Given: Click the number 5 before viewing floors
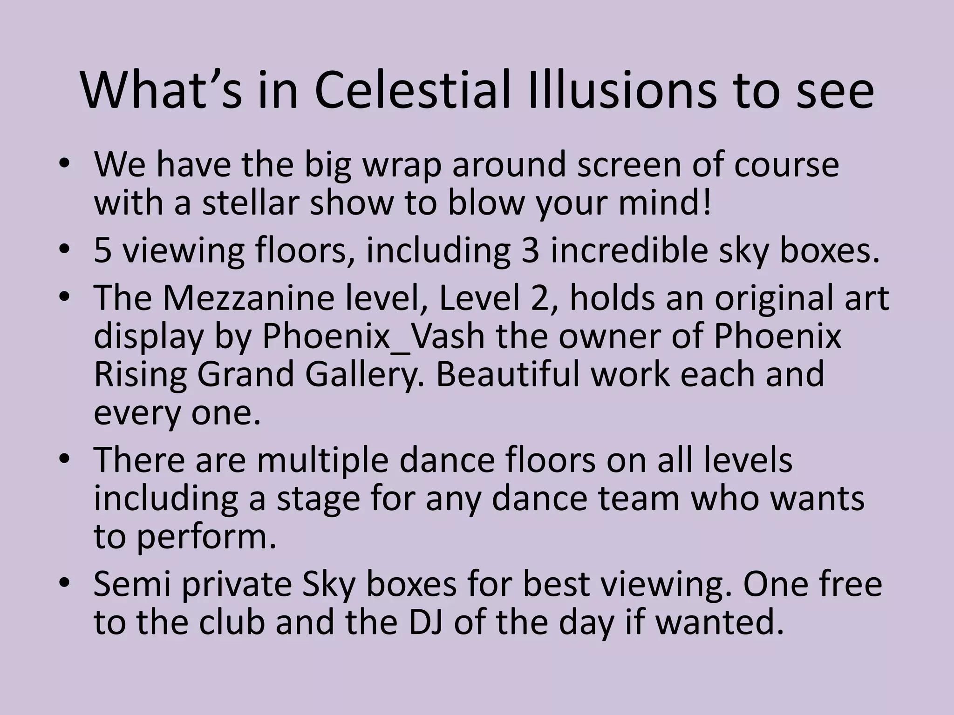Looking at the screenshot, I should pos(102,251).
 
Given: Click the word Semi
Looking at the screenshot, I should pos(133,585).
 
